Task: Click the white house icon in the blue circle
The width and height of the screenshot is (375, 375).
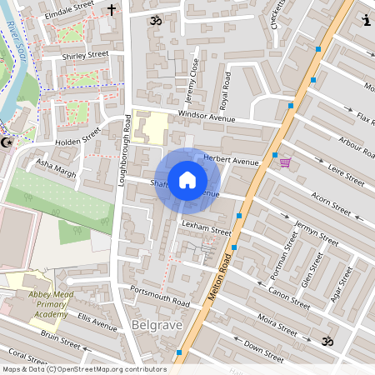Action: click(187, 179)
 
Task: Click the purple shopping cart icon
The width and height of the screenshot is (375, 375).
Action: click(285, 163)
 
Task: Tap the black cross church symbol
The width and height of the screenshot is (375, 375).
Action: click(112, 11)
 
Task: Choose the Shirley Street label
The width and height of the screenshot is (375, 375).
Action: click(85, 55)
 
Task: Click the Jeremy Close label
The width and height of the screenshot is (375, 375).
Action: click(192, 74)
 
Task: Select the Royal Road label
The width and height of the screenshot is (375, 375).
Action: click(224, 90)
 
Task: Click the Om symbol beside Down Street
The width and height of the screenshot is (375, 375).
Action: click(327, 340)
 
